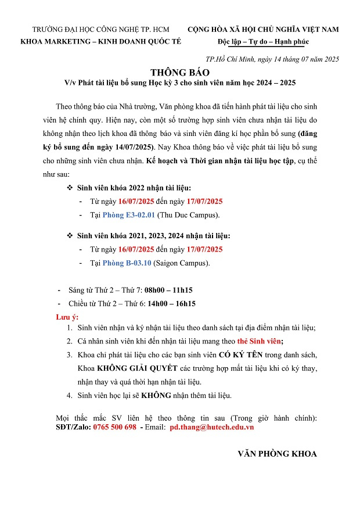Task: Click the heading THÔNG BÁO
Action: click(179, 73)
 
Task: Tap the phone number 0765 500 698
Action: click(114, 427)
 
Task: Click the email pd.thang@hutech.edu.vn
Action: click(211, 427)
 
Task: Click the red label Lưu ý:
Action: click(67, 317)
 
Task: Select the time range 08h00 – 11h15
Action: click(168, 290)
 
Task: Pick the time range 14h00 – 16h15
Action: click(171, 303)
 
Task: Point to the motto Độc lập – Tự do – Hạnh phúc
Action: click(263, 42)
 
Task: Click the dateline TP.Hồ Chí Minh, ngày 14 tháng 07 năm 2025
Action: click(272, 59)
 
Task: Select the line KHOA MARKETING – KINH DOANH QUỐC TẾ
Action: click(101, 42)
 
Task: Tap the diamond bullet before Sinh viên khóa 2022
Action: click(70, 188)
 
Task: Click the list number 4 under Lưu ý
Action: click(69, 396)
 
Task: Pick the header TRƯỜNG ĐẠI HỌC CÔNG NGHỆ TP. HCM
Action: click(101, 29)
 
